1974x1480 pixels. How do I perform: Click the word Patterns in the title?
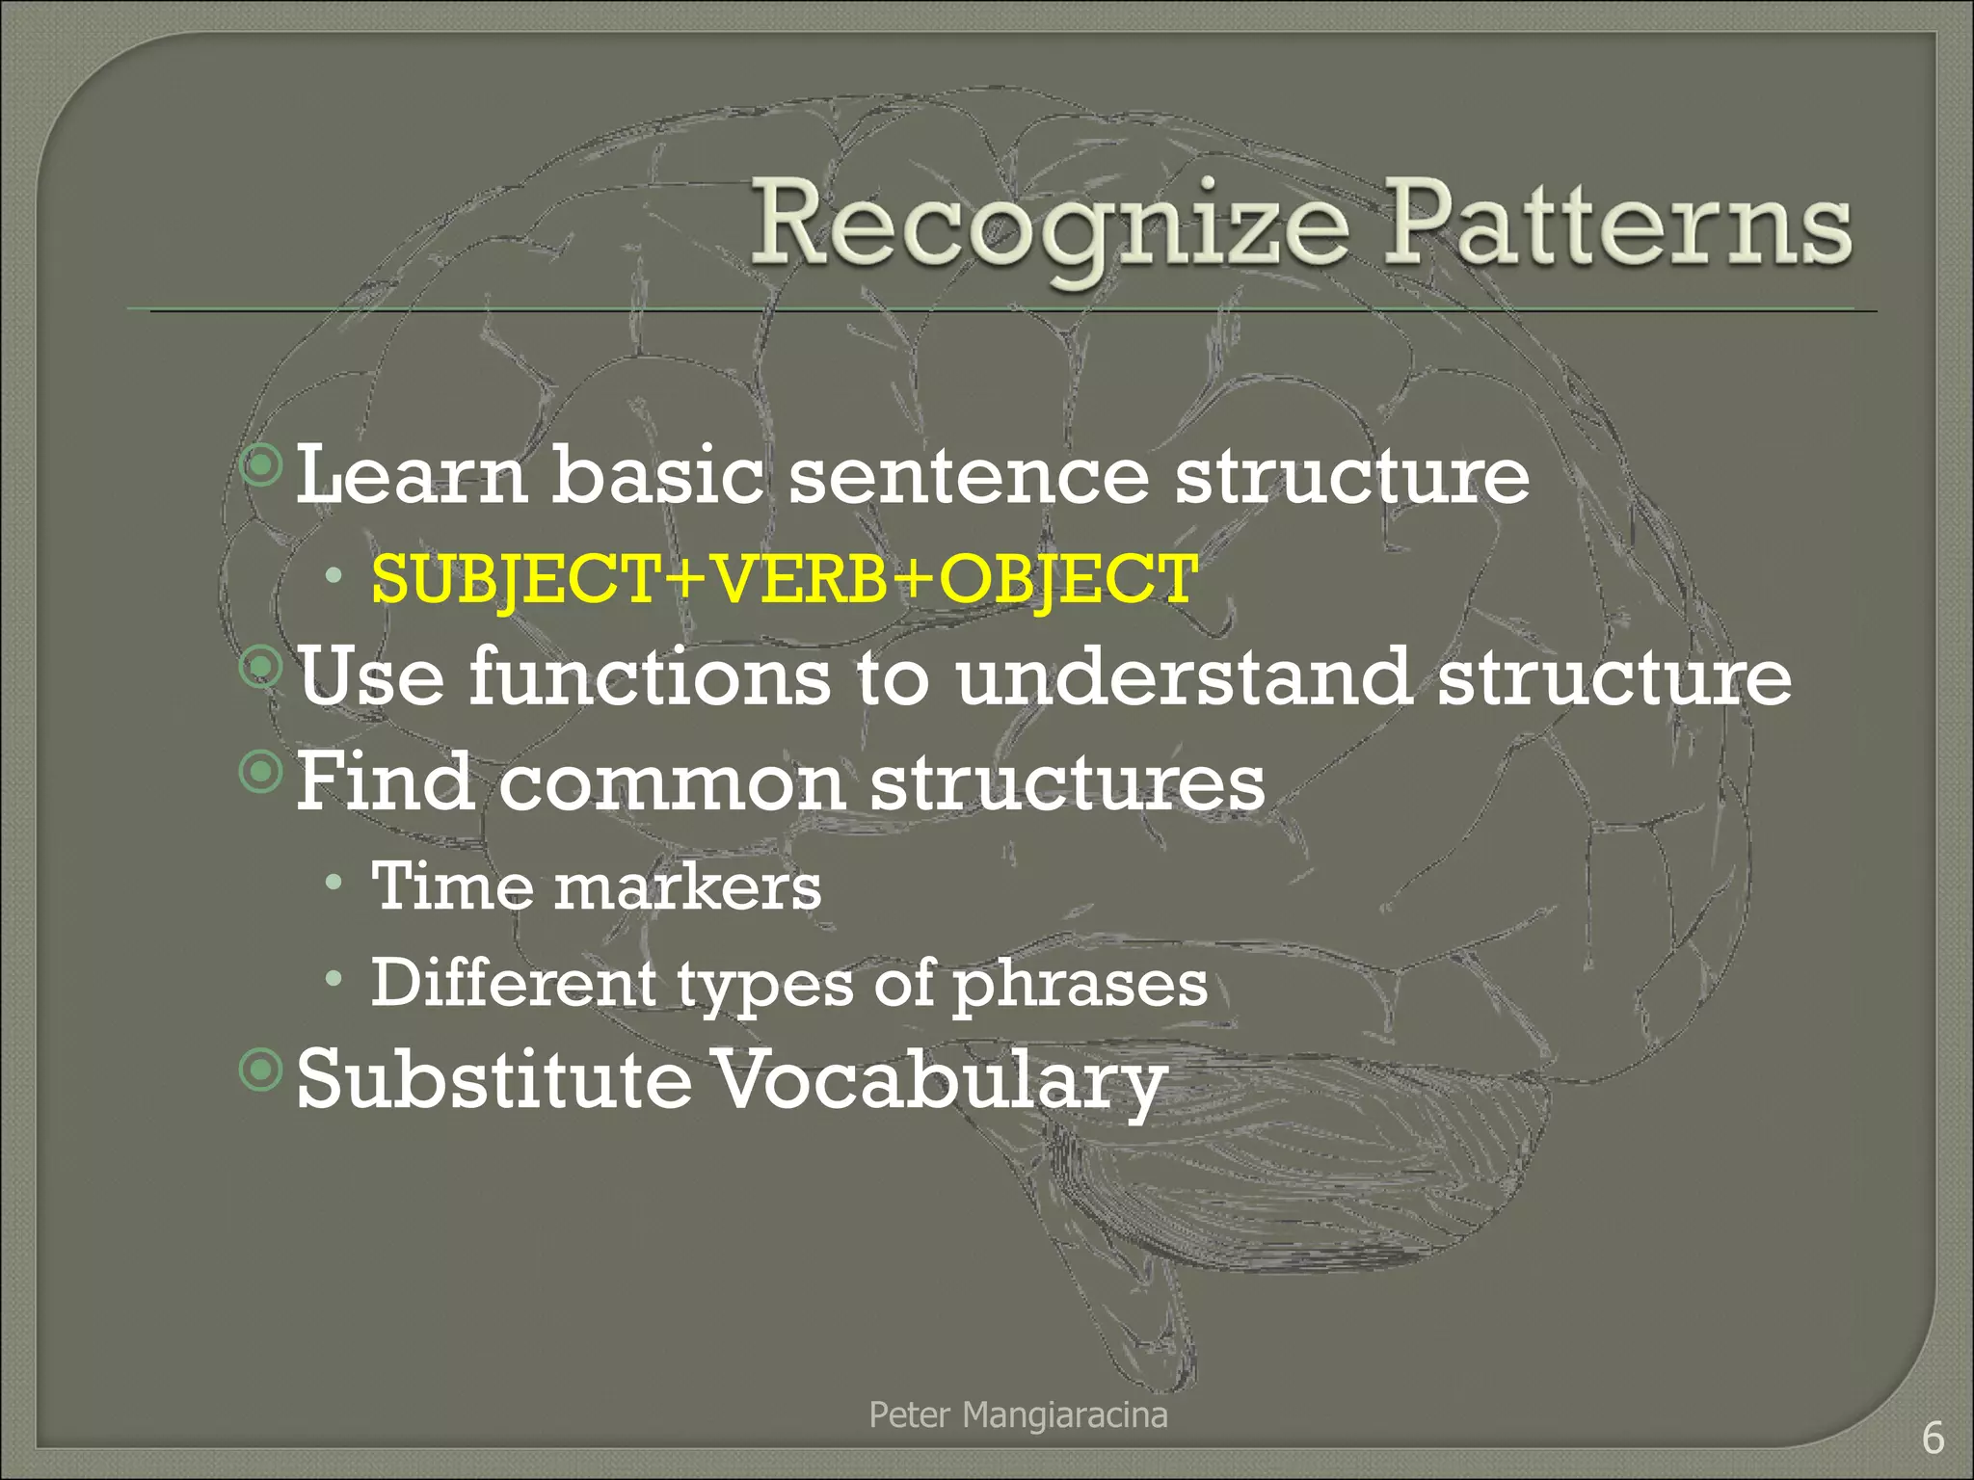pyautogui.click(x=1616, y=224)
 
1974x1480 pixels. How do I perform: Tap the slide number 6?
pyautogui.click(x=1933, y=1439)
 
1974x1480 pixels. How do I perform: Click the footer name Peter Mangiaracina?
pyautogui.click(x=1018, y=1415)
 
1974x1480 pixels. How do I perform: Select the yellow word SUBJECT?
pyautogui.click(x=515, y=580)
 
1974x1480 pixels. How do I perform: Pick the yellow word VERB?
pyautogui.click(x=799, y=580)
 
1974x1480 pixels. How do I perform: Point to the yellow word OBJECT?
pyautogui.click(x=1068, y=580)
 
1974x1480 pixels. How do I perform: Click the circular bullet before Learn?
pyautogui.click(x=261, y=467)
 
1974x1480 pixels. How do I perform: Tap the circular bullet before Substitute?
pyautogui.click(x=261, y=1070)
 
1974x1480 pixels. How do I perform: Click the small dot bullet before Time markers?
pyautogui.click(x=333, y=882)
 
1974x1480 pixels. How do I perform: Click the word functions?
pyautogui.click(x=649, y=677)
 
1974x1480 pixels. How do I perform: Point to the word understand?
pyautogui.click(x=1185, y=677)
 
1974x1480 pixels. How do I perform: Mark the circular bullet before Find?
pyautogui.click(x=261, y=770)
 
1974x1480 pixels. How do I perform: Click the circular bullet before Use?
pyautogui.click(x=261, y=666)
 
